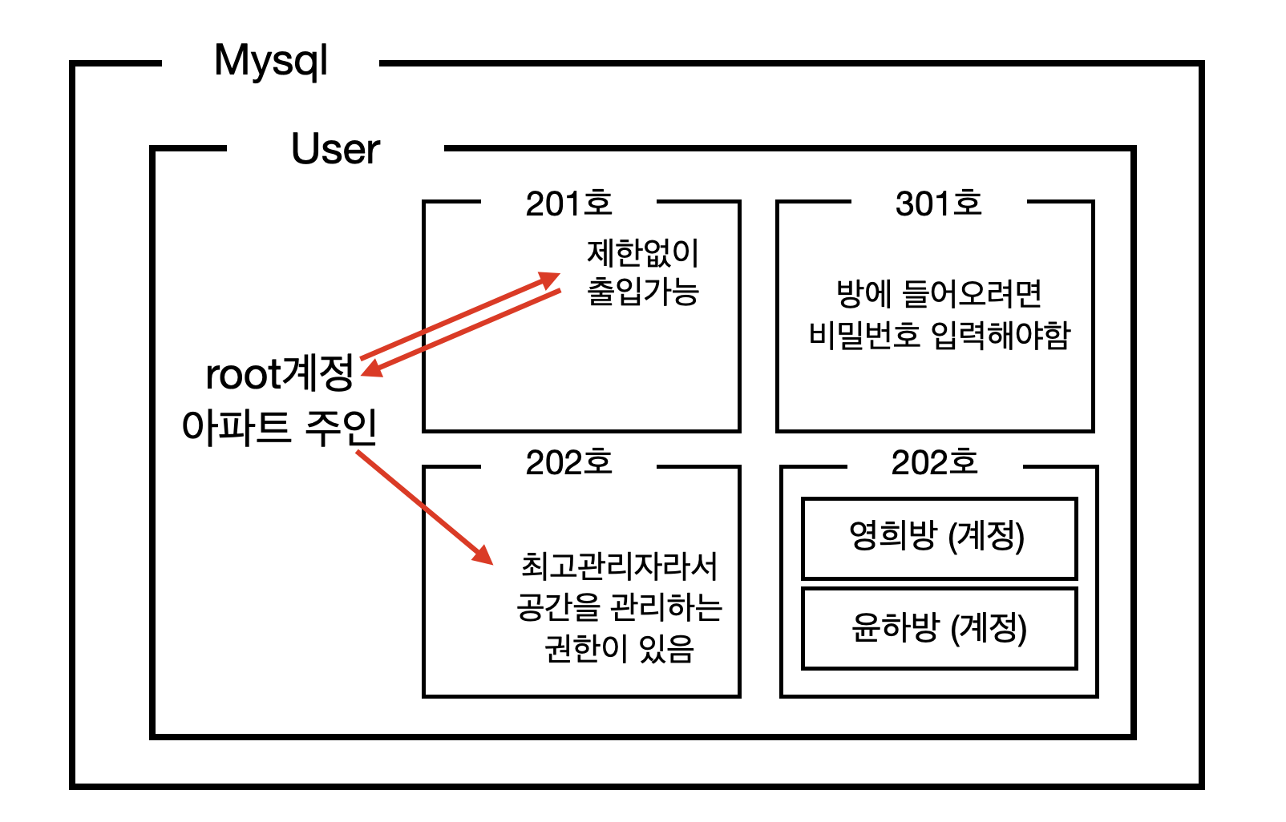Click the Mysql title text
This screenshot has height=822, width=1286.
click(x=271, y=62)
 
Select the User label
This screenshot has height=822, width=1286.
click(x=335, y=149)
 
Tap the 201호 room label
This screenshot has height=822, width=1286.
click(x=568, y=203)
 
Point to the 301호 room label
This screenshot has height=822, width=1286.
click(x=938, y=203)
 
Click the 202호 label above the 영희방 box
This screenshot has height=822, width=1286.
click(x=934, y=462)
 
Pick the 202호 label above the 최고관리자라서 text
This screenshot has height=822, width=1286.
click(x=568, y=462)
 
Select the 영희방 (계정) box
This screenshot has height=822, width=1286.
click(x=938, y=538)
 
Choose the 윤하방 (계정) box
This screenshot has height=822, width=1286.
click(x=938, y=628)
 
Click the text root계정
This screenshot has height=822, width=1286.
click(x=279, y=373)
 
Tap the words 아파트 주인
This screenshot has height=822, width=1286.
click(x=279, y=427)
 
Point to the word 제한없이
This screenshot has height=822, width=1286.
click(x=643, y=253)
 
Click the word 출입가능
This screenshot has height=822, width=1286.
click(x=643, y=291)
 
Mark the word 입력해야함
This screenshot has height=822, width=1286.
click(x=1001, y=334)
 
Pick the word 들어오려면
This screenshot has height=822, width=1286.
click(x=972, y=294)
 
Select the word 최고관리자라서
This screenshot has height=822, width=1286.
click(x=619, y=566)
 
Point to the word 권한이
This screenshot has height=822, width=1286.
click(x=575, y=648)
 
